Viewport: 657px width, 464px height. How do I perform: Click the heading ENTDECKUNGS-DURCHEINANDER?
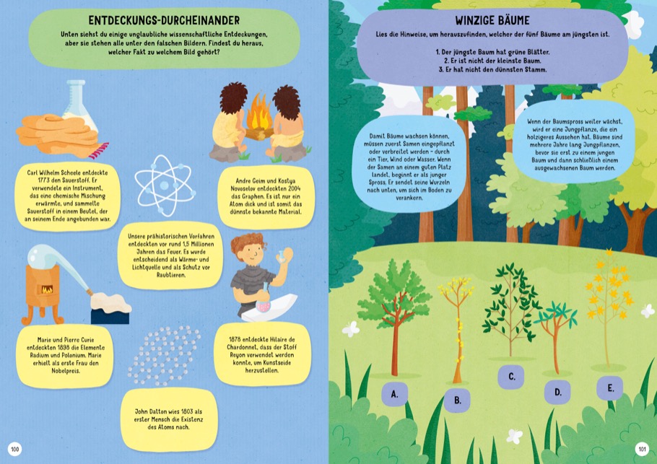point(165,20)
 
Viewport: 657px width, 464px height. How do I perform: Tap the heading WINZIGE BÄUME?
point(492,20)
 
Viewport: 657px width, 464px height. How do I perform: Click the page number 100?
point(14,450)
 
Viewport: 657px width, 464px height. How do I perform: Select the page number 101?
point(642,450)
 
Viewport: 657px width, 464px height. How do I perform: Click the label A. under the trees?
point(394,395)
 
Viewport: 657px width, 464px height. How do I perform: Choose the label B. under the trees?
point(458,400)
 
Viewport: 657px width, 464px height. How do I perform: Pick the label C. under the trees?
point(512,377)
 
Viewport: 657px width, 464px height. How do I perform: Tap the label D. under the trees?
point(557,393)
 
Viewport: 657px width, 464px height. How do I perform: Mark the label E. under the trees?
point(610,388)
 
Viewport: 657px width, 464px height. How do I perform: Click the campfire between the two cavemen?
point(259,118)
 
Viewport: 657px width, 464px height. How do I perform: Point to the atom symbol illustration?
point(165,185)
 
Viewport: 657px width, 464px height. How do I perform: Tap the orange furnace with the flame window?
point(42,291)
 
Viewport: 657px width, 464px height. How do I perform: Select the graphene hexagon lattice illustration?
point(165,355)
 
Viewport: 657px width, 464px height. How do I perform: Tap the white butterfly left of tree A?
point(351,329)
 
